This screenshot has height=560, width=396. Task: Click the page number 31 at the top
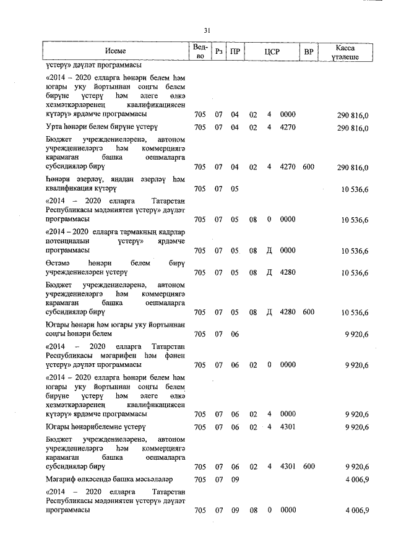tap(207, 30)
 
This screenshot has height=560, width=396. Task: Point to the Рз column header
tap(218, 52)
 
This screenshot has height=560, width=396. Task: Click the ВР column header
tap(308, 52)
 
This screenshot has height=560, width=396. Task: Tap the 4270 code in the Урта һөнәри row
tap(288, 128)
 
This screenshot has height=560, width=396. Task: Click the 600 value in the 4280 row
tap(309, 312)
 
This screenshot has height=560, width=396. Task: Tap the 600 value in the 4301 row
tap(309, 467)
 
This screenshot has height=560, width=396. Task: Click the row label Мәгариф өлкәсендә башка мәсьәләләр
tap(108, 480)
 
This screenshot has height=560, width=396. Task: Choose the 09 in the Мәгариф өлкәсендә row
tap(235, 480)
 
